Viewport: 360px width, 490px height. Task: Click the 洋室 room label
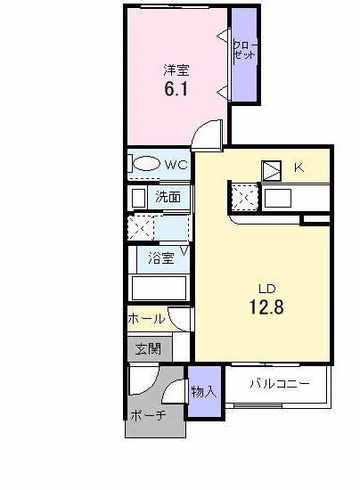176,70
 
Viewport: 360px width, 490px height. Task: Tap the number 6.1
176,89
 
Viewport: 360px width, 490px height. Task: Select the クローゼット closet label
245,50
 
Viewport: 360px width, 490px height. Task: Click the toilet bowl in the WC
146,163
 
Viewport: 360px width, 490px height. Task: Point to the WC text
176,165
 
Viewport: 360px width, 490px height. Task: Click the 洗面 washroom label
168,197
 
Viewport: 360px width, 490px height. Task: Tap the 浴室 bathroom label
161,258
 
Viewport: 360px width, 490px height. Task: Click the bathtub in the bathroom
160,288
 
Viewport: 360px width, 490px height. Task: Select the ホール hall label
146,319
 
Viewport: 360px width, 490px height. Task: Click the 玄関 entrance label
148,348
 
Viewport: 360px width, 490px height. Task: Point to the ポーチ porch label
148,416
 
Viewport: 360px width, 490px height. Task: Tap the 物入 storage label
204,391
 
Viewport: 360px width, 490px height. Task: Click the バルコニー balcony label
280,383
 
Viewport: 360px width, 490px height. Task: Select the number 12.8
266,306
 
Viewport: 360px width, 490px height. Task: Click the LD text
266,288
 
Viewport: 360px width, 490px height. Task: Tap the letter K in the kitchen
299,167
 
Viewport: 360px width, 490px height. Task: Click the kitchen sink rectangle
278,199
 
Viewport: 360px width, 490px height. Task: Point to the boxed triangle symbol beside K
271,171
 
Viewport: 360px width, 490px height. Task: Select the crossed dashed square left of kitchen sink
245,198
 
